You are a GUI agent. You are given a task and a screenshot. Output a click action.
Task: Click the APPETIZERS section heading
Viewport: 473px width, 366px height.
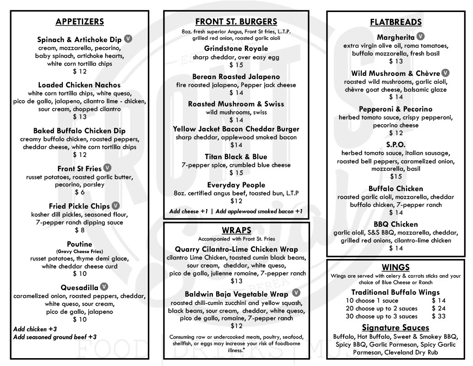coord(79,22)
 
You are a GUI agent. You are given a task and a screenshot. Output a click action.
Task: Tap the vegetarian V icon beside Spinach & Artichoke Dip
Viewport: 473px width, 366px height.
coord(128,39)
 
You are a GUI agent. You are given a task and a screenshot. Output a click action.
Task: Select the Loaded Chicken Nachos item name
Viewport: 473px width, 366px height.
coord(79,85)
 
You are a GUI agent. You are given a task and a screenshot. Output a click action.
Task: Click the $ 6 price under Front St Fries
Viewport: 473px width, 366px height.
coord(79,192)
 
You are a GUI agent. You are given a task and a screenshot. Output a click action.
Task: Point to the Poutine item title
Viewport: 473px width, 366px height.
coord(79,244)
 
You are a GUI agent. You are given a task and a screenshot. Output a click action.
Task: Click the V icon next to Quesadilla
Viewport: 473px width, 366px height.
coord(104,286)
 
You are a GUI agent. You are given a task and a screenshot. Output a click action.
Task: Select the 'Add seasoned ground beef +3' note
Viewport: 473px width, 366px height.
coord(55,337)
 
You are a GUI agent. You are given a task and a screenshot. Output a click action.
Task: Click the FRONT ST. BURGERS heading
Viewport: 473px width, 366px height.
coord(236,22)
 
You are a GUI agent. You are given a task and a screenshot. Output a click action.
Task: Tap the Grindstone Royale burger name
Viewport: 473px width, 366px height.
coord(236,49)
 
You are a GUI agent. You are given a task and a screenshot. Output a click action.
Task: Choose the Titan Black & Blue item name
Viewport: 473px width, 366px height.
coord(236,157)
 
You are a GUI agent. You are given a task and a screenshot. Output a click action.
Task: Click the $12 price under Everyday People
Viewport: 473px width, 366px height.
coord(236,201)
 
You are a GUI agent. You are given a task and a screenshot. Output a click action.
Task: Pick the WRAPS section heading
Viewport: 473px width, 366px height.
coord(236,230)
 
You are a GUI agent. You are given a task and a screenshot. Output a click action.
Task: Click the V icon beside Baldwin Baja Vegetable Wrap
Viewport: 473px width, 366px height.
coord(296,293)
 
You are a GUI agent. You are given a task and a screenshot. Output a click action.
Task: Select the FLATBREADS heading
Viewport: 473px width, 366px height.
coord(396,22)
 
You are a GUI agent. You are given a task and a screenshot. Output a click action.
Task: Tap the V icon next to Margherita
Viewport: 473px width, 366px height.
coord(421,36)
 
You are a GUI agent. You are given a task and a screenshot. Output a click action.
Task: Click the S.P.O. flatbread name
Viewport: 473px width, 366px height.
coord(396,144)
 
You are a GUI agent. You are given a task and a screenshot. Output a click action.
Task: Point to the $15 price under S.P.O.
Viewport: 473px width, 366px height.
coord(396,176)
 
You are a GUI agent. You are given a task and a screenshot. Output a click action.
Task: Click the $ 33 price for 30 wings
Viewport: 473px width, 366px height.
coord(439,316)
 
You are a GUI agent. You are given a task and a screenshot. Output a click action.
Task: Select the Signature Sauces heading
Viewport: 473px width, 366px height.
coord(396,328)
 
